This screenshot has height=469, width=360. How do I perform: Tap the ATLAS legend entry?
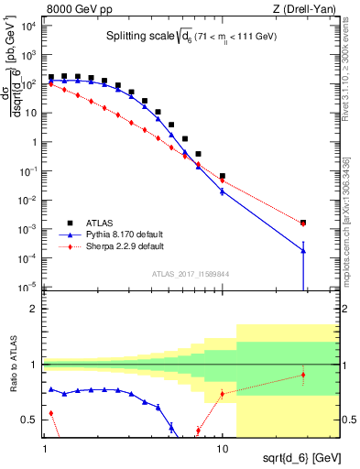[103, 223]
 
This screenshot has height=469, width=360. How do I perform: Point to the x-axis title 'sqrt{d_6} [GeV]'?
[295, 455]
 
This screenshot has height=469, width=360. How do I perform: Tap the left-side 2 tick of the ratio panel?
[35, 309]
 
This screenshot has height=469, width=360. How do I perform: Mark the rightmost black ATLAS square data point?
[303, 222]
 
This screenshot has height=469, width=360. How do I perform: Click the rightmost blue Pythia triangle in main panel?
[303, 251]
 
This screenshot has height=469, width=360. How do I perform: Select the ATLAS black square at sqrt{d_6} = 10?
[223, 176]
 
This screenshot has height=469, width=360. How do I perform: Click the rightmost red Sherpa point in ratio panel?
[303, 375]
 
